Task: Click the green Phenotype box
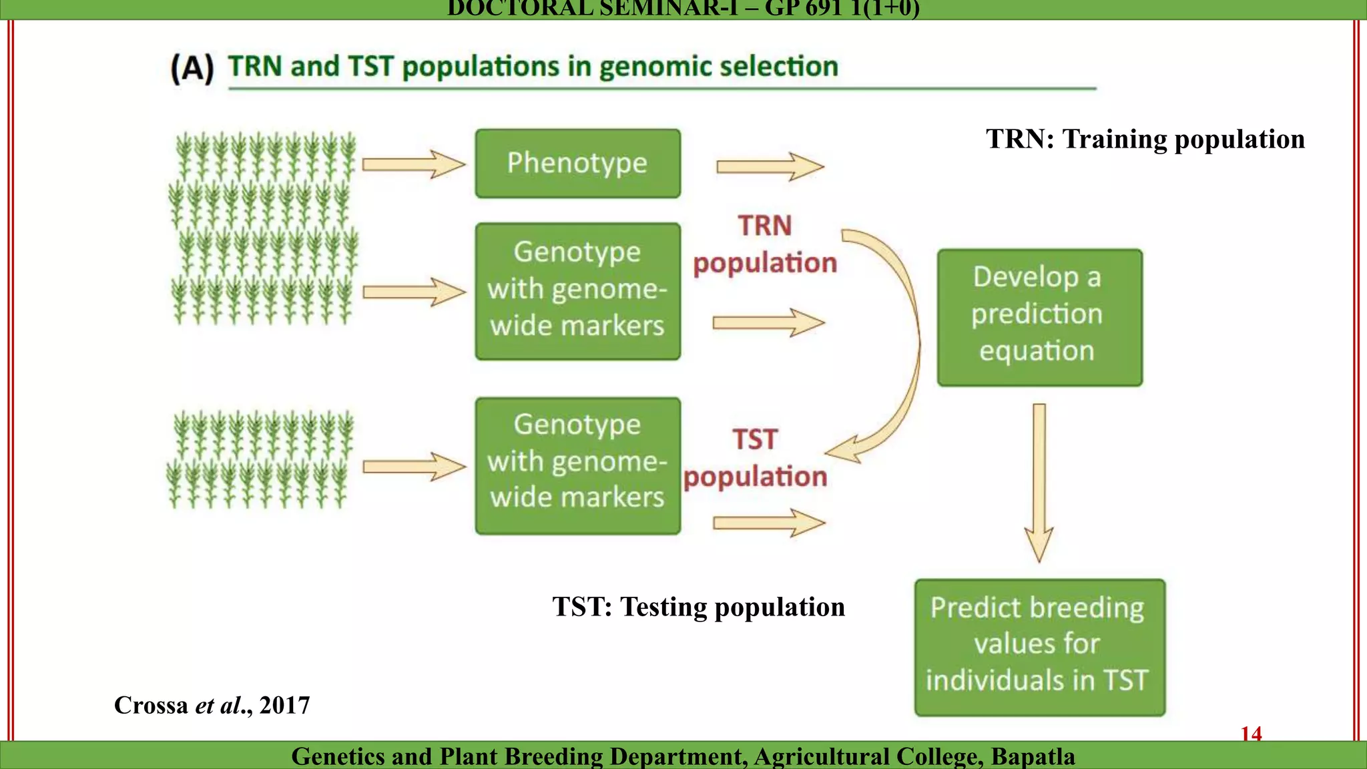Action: click(577, 164)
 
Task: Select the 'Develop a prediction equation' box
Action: click(1039, 318)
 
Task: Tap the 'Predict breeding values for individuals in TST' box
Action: click(1039, 647)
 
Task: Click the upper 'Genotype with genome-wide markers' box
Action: click(577, 291)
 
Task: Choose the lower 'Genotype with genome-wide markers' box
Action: click(577, 465)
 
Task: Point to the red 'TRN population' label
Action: click(765, 244)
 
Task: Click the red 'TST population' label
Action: click(755, 458)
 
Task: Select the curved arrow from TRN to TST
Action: click(908, 347)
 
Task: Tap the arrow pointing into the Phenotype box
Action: click(413, 164)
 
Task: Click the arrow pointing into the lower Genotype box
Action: click(413, 466)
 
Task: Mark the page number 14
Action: click(1251, 734)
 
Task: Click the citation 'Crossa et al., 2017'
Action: click(212, 706)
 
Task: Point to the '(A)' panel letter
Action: click(192, 69)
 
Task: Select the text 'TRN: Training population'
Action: click(1145, 139)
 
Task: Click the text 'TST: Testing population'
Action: click(698, 607)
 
